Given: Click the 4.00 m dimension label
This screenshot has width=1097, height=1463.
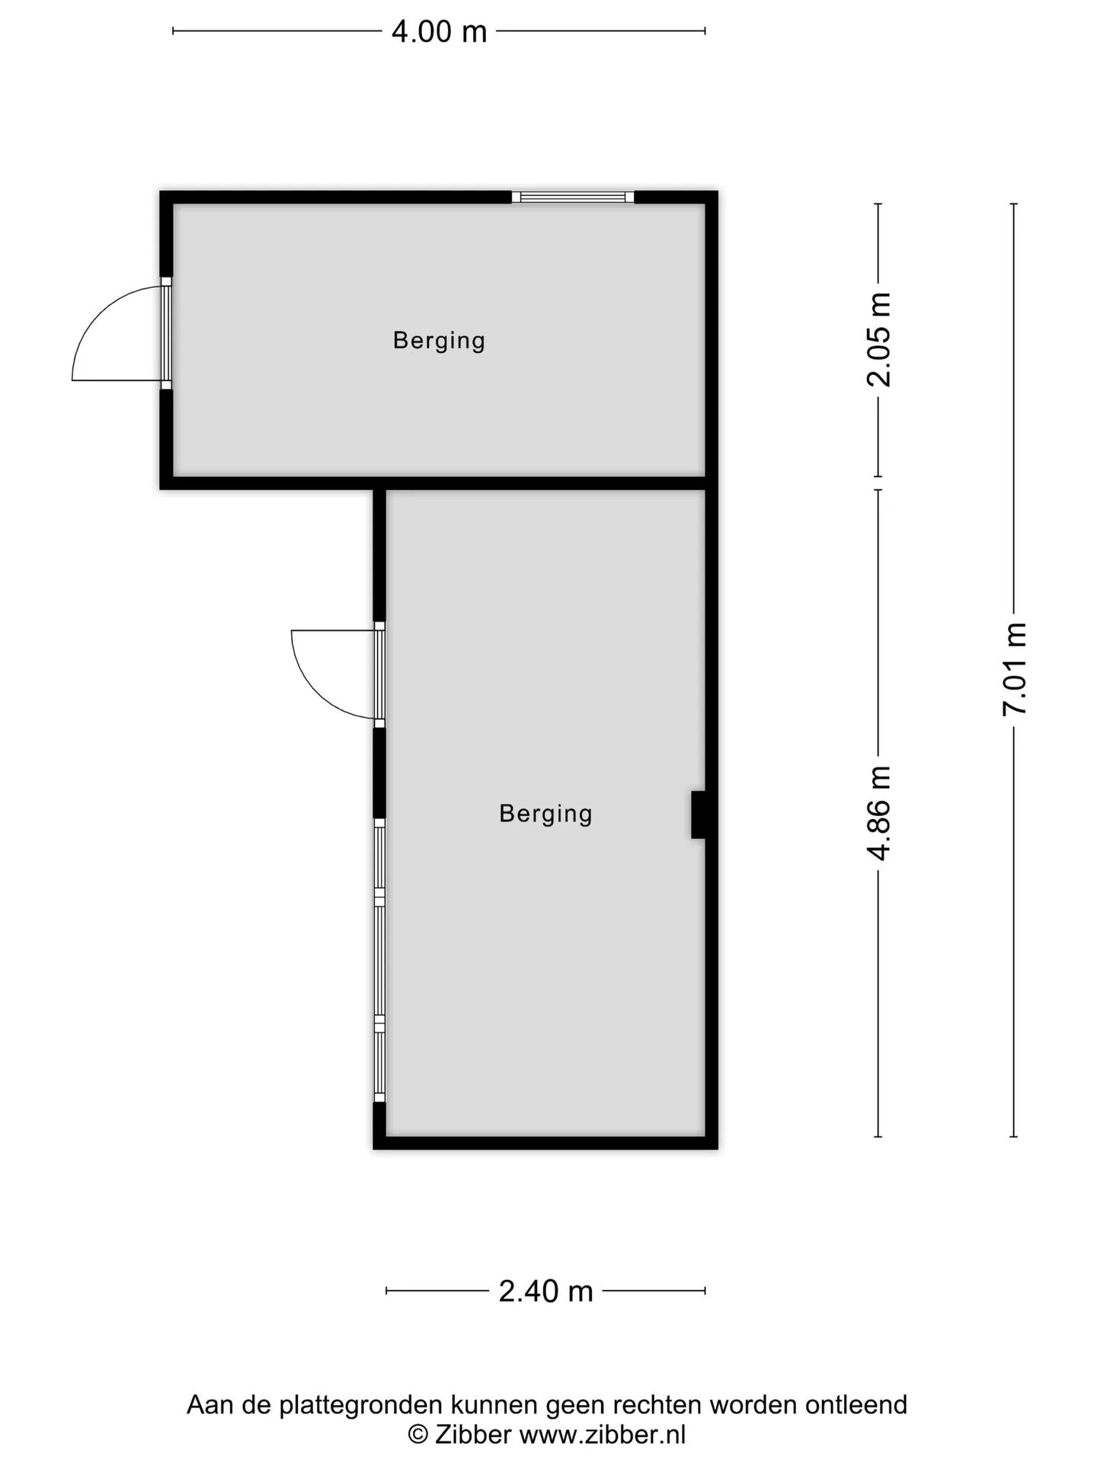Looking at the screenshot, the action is coord(439,32).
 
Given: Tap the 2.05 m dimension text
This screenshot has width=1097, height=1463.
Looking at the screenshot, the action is coord(879,340).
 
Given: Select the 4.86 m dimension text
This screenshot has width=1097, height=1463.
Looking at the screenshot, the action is coord(879,813).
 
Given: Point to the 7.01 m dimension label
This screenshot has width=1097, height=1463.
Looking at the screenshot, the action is coord(1015,669).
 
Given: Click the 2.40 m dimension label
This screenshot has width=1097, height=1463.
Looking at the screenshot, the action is coord(545,1292).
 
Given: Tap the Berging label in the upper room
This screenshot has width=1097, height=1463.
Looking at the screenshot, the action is coord(439,341).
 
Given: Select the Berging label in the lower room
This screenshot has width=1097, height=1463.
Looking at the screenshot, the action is coord(545,814).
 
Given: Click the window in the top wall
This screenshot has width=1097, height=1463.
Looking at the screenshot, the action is coord(573,197).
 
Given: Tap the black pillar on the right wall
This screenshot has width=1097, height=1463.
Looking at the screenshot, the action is coord(698,815).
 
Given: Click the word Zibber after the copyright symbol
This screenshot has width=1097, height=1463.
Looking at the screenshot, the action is coord(472,1435).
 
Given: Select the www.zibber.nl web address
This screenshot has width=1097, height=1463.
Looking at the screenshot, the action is coord(603,1435).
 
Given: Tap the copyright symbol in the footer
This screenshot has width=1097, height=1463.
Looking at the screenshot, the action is coord(418,1436).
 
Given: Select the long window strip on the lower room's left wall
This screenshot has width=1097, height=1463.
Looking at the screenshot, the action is coord(379,960).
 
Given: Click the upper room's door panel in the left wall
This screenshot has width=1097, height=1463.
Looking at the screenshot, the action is coord(166,334).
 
